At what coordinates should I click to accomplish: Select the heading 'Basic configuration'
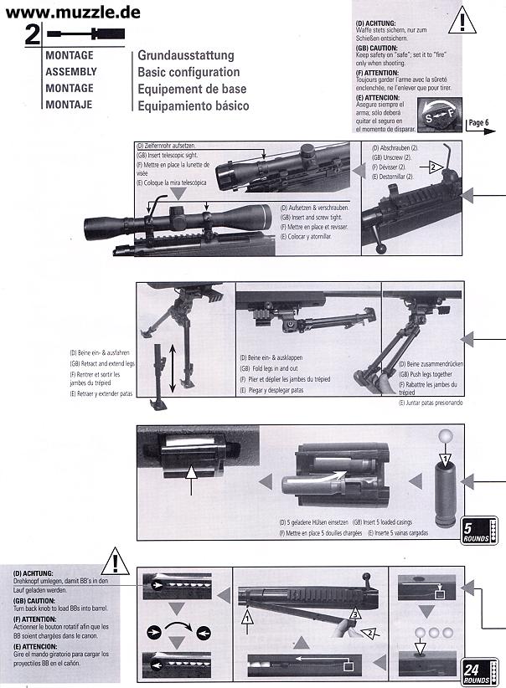tap(188, 72)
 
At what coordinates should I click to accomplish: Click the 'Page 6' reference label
tap(479, 122)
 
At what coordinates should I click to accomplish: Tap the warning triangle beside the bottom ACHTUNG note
tap(115, 561)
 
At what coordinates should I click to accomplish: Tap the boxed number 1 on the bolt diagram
tap(247, 617)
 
